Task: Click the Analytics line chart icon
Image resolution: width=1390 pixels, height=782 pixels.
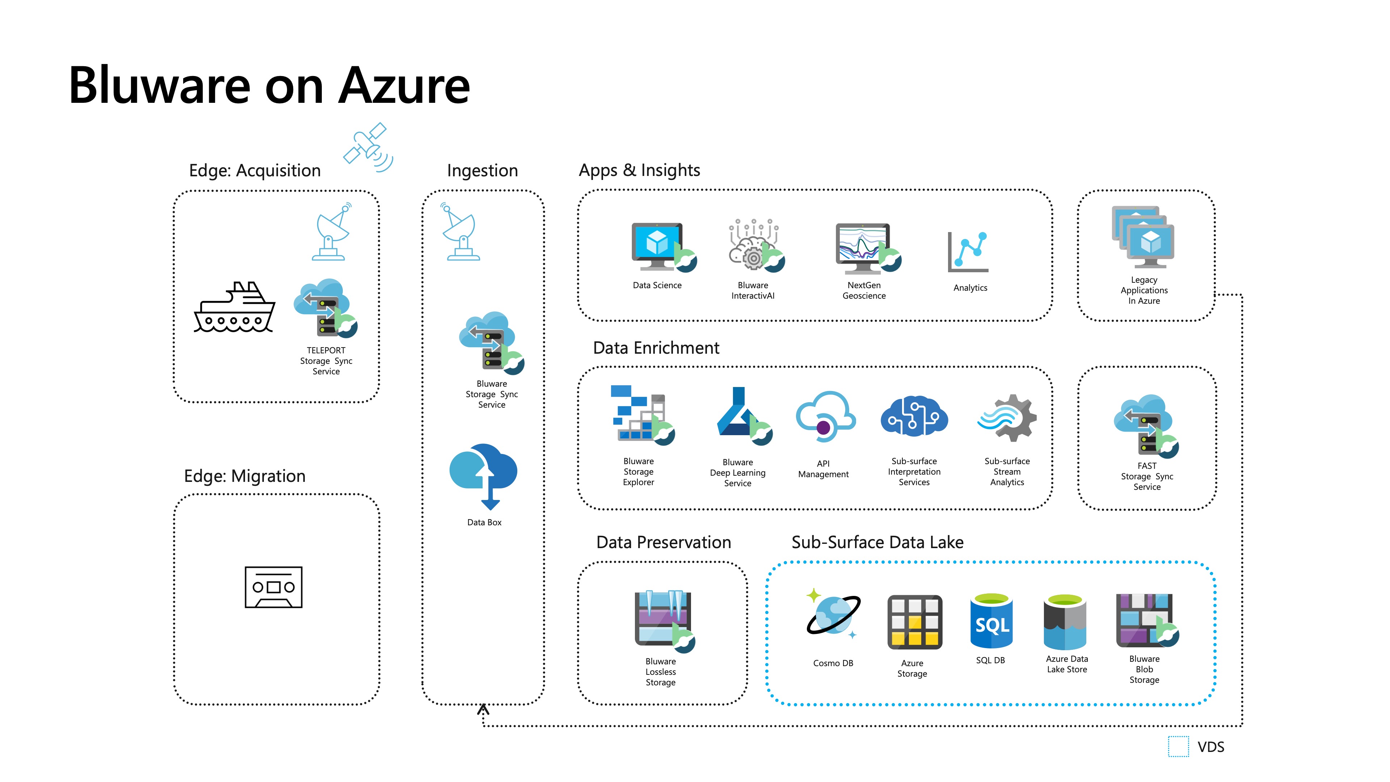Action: [969, 252]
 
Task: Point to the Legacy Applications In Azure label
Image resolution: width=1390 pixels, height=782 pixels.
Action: [1144, 290]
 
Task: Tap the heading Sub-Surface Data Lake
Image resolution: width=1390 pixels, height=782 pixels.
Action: [877, 542]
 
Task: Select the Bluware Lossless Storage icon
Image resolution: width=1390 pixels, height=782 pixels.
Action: [663, 620]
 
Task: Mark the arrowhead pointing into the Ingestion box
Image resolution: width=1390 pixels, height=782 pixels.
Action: [483, 709]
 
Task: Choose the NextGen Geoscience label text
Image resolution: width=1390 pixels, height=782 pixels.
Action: [864, 290]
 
